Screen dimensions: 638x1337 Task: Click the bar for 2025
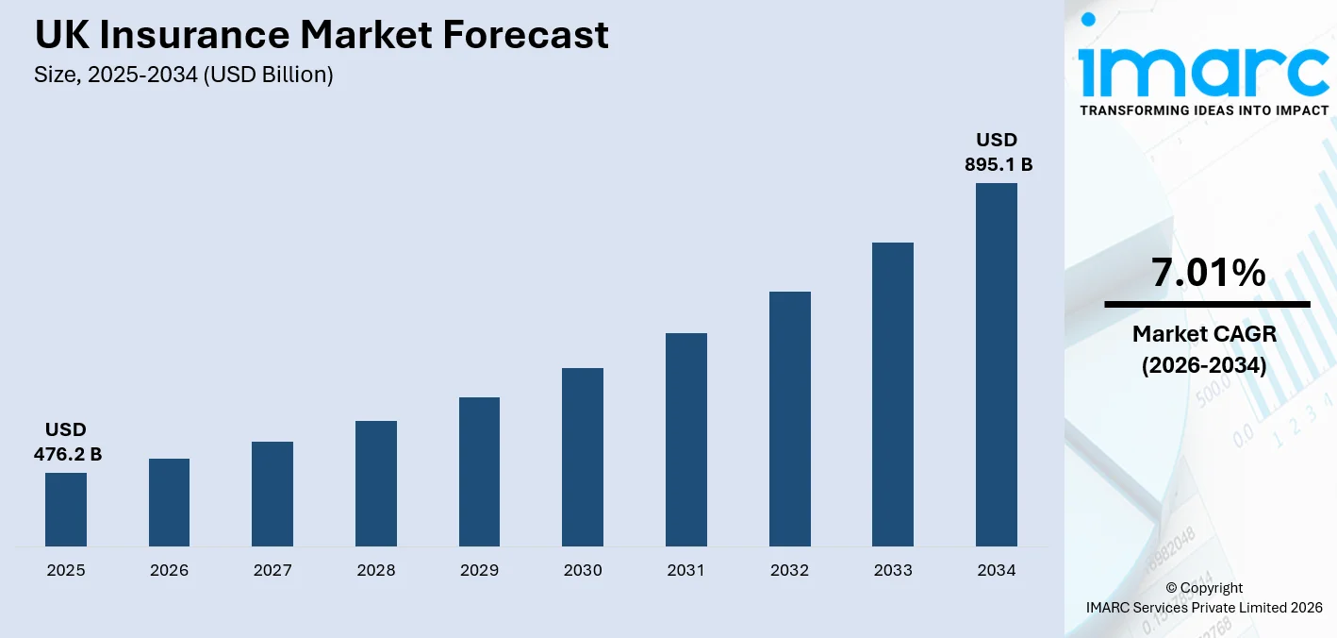66,510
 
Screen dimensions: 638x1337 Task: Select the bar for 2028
376,483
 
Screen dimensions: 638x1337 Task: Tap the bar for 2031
686,440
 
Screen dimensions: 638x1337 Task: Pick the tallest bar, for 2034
997,364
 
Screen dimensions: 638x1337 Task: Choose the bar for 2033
893,395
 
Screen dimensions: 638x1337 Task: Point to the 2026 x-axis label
170,570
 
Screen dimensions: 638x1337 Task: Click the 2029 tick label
480,570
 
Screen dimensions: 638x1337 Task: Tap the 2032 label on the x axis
790,570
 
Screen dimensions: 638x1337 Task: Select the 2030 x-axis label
583,570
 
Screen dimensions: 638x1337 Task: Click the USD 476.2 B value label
68,443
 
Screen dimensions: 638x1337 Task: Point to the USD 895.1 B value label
998,152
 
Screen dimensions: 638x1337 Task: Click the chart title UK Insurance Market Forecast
322,36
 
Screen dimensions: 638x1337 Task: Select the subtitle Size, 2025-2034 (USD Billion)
184,75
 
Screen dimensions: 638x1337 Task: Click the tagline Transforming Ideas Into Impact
1204,110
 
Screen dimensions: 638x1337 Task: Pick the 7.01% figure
1208,274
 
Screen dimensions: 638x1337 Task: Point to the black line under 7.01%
1207,304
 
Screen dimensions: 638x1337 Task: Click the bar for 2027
272,494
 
